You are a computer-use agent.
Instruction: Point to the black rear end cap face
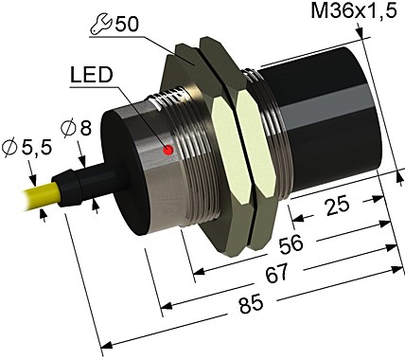pyautogui.click(x=141, y=171)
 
